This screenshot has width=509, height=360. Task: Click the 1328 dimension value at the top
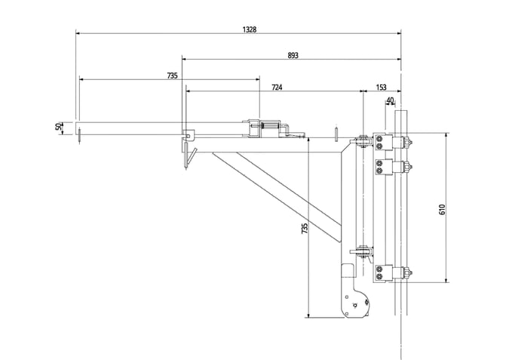click(x=250, y=29)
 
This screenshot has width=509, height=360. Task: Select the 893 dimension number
click(x=293, y=56)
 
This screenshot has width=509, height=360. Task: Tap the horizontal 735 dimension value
click(x=172, y=75)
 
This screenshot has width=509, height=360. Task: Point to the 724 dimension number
click(x=277, y=88)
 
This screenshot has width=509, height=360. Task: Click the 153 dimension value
click(x=381, y=88)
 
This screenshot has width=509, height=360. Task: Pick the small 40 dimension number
click(x=390, y=100)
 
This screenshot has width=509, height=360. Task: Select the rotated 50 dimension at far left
click(x=59, y=126)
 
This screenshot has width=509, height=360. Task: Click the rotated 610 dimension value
click(x=442, y=210)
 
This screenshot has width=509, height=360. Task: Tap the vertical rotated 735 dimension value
click(x=305, y=229)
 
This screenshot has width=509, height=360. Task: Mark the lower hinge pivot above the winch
click(x=362, y=251)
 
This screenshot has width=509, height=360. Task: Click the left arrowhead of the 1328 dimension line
click(x=78, y=33)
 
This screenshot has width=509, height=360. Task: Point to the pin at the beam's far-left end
click(x=79, y=136)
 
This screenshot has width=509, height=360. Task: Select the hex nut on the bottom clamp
click(x=408, y=273)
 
